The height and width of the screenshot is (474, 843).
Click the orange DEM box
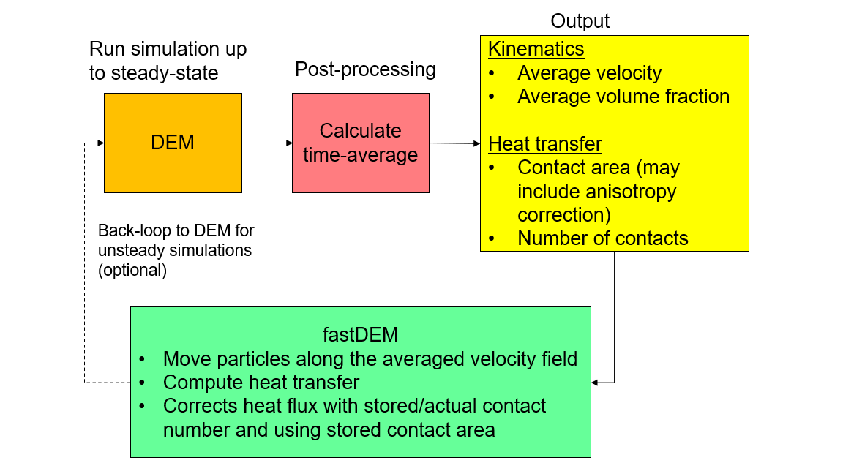pos(173,143)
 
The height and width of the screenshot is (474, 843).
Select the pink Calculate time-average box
pos(360,143)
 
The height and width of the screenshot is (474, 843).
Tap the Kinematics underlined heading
pos(536,49)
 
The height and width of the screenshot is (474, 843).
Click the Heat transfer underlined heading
pos(544,144)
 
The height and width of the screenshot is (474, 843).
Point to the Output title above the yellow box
pos(580,21)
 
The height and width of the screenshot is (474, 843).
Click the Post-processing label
pos(365,69)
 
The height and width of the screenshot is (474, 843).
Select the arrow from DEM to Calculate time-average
pos(267,143)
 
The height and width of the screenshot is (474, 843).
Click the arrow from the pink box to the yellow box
pos(454,143)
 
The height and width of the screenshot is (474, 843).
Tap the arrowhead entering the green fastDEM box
pos(595,383)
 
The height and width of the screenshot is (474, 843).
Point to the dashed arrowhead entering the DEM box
pos(100,143)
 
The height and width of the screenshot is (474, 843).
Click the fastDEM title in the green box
pos(360,334)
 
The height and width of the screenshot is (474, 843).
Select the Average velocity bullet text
pos(589,73)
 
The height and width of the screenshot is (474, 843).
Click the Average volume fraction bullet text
pos(623,97)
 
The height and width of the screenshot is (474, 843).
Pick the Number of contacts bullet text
pos(603,238)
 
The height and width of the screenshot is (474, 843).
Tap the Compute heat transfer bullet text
pos(261,382)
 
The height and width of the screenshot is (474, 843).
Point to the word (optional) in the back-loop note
pos(132,270)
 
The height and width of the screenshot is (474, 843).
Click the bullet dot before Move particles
pos(142,359)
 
